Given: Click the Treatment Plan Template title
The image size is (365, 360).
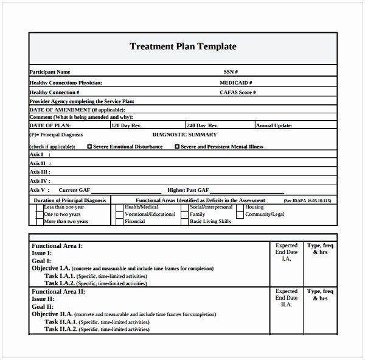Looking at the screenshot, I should click(x=182, y=46).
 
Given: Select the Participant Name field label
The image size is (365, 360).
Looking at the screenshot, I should click(x=50, y=72).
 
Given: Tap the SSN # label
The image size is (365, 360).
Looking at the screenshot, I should click(x=230, y=72).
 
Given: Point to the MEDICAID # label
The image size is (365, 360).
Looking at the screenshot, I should click(x=236, y=82).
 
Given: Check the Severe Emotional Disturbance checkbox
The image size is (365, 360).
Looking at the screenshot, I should click(x=90, y=147).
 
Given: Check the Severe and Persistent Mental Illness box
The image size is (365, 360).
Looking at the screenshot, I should click(x=177, y=147).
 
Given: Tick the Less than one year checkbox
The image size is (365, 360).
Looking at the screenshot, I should click(x=39, y=207).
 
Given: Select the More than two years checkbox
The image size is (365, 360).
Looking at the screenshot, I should click(x=39, y=222).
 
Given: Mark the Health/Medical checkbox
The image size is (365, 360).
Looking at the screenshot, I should click(x=119, y=207).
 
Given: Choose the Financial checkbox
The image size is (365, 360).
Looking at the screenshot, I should click(x=119, y=222).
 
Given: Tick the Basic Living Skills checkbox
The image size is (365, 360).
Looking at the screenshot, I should click(x=184, y=222).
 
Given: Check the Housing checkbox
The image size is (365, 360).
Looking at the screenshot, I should click(x=240, y=207).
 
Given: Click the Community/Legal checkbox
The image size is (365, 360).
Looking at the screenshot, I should click(x=240, y=214).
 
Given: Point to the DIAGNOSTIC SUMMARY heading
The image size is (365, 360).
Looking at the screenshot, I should click(x=184, y=134).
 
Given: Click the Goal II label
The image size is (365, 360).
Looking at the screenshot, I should click(x=41, y=307).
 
